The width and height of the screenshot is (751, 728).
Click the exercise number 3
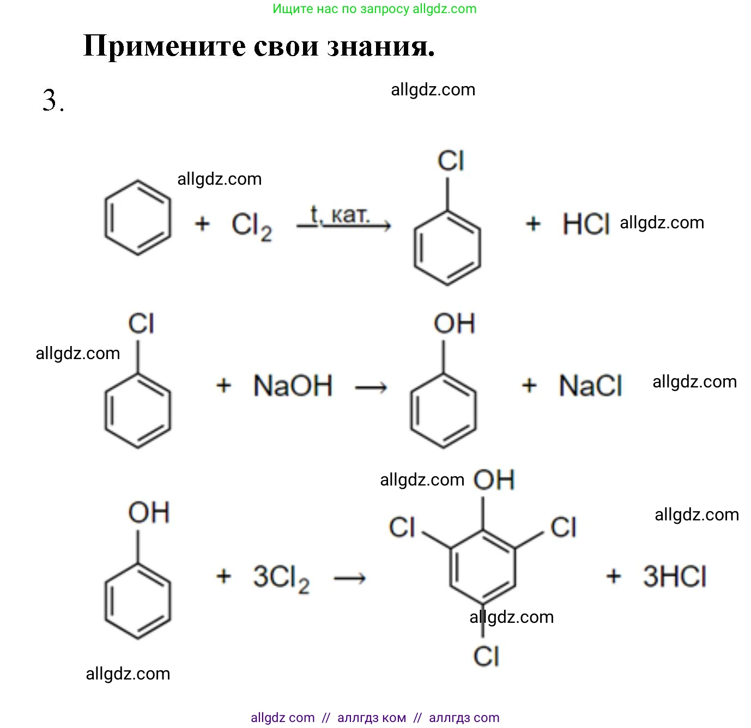52,100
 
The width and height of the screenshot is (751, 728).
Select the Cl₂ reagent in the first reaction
251,225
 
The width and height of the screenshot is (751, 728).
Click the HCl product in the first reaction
586,224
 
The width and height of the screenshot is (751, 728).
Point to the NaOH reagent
293,386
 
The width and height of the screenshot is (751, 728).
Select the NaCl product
590,386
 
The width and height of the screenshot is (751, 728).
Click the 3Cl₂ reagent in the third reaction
281,577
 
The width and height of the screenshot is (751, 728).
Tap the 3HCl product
675,577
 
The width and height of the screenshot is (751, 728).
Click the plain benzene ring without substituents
137,218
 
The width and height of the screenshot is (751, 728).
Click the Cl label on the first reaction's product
451,161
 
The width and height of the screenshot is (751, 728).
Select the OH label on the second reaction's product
455,324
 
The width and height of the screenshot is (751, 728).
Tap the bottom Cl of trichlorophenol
486,657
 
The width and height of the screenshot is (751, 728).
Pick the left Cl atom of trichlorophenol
402,527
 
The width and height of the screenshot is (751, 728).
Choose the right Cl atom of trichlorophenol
563,527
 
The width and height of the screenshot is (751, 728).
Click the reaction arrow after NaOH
371,387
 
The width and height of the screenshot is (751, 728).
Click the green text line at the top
374,9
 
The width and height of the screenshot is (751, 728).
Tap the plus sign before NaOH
224,386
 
